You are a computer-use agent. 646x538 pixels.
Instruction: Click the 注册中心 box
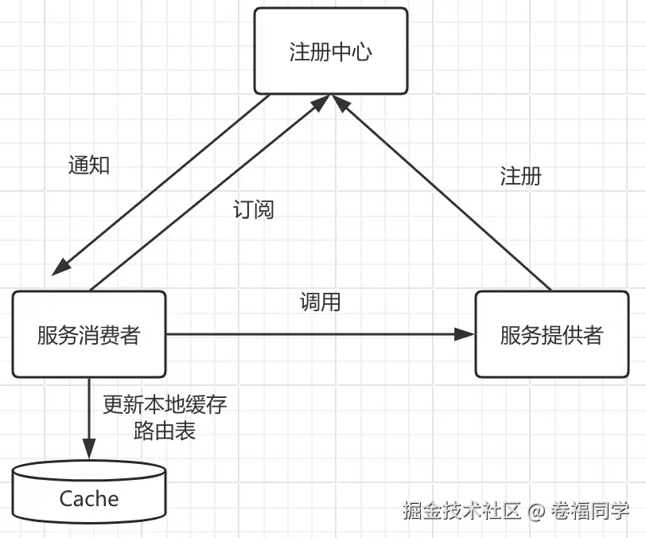(x=330, y=52)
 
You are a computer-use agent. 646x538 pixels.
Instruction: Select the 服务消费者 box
(x=88, y=334)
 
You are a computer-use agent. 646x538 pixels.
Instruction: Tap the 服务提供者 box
(x=551, y=334)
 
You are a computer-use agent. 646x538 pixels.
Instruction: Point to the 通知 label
(x=88, y=165)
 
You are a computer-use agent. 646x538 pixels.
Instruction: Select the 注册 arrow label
(x=520, y=176)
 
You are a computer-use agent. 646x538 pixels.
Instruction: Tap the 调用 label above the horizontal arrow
(x=320, y=302)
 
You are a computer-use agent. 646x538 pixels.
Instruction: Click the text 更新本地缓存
(x=165, y=404)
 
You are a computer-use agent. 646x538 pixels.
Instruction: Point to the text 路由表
(x=165, y=431)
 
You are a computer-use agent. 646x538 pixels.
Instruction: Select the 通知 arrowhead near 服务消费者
(x=57, y=267)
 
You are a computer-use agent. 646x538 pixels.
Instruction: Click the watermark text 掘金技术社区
(x=461, y=510)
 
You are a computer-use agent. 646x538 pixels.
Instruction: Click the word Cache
(x=89, y=500)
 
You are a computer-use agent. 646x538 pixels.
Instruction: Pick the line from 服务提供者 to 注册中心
(x=446, y=195)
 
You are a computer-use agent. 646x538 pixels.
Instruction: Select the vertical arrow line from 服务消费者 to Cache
(x=89, y=414)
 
